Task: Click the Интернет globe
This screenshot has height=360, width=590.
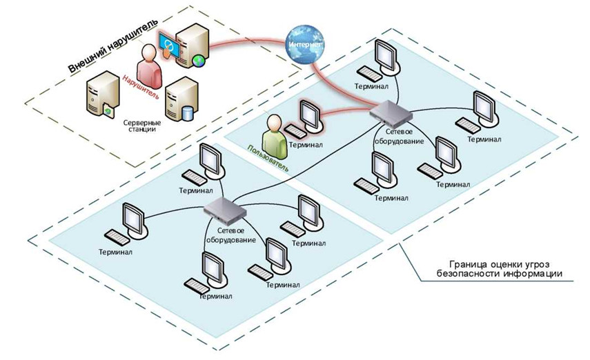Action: click(x=304, y=44)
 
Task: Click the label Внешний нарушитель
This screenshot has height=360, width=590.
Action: click(x=113, y=45)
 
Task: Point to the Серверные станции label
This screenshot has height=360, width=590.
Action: click(x=142, y=126)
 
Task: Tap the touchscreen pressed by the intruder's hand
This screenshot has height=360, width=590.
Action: click(x=169, y=45)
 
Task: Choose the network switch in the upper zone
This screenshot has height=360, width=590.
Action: click(x=391, y=113)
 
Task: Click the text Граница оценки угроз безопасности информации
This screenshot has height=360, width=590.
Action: click(x=500, y=269)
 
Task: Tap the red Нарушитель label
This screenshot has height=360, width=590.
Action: click(x=140, y=87)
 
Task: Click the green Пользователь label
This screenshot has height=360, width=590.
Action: click(x=268, y=159)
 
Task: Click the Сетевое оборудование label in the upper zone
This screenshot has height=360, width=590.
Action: click(x=399, y=137)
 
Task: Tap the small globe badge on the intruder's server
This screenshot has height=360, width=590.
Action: click(x=198, y=61)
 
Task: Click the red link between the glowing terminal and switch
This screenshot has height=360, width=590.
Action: click(x=346, y=111)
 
